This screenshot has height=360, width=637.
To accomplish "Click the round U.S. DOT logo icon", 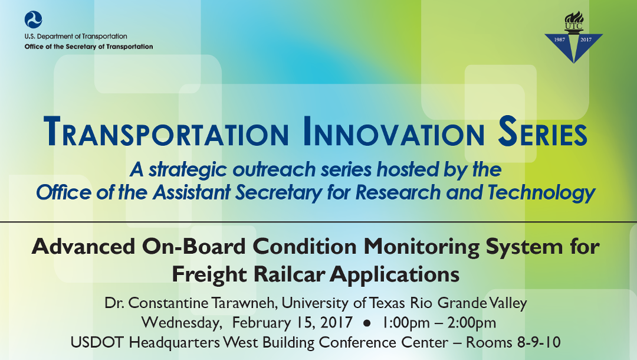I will click(34, 19).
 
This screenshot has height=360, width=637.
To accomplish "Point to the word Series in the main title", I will click(543, 133).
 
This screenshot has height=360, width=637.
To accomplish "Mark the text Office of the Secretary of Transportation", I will click(88, 47).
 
